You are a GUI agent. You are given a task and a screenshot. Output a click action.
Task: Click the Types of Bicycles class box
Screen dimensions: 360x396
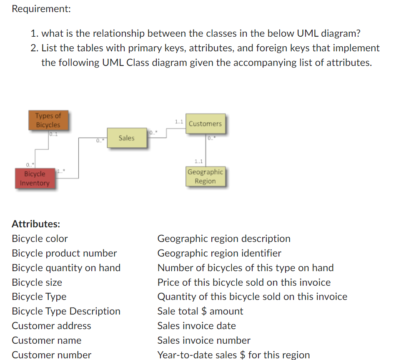[48, 120]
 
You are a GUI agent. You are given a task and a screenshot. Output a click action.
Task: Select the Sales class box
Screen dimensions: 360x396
[126, 138]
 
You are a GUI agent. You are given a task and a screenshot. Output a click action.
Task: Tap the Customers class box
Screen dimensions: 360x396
[205, 123]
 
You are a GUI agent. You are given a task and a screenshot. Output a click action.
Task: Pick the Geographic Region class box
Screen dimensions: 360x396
[205, 176]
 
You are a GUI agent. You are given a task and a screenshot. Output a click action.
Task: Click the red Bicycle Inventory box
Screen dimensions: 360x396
[35, 178]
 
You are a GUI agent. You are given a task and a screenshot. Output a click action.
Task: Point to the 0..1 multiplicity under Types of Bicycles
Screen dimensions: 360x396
[53, 134]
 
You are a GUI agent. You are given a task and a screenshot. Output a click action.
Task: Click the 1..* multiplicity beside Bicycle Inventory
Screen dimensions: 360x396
[60, 171]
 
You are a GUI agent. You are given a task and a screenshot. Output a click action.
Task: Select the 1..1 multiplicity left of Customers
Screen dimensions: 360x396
[179, 122]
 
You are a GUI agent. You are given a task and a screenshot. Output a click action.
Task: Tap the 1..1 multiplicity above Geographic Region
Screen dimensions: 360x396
[199, 161]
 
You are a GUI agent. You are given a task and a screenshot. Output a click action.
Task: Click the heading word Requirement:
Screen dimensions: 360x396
[41, 9]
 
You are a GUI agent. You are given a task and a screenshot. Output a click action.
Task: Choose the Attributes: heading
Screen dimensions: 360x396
[36, 224]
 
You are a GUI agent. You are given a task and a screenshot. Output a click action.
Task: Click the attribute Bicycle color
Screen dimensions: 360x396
[40, 239]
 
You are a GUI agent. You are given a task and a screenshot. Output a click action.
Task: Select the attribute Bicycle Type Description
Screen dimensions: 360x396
[66, 311]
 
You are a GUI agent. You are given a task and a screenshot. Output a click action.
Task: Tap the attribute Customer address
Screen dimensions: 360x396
[51, 326]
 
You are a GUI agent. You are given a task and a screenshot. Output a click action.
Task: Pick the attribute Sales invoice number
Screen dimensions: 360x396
[204, 340]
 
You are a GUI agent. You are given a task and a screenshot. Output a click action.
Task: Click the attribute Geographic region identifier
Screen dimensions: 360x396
[219, 253]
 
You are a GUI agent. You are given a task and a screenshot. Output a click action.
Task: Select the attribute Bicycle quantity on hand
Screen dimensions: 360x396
[66, 268]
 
